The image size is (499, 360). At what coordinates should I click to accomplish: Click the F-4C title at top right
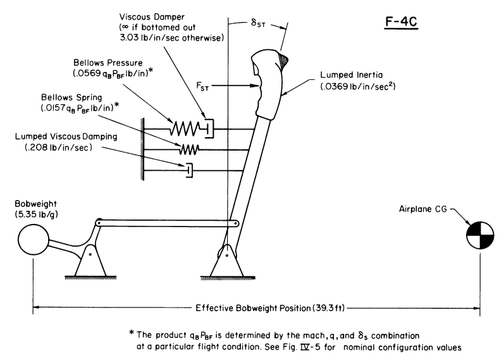(x=401, y=22)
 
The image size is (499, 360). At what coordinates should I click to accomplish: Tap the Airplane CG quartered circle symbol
(x=480, y=235)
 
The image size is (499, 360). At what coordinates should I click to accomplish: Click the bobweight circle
(x=34, y=240)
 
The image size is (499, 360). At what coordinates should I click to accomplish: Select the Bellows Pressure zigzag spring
(x=185, y=128)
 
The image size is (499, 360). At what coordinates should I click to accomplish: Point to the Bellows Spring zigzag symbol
(x=189, y=149)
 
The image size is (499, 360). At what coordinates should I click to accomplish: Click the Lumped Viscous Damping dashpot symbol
(x=189, y=170)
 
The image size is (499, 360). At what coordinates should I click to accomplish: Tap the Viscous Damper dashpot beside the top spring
(x=209, y=128)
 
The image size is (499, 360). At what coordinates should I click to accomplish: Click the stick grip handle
(x=268, y=84)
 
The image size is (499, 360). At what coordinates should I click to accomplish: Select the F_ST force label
(x=202, y=86)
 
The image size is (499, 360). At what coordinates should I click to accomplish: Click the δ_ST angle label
(x=258, y=23)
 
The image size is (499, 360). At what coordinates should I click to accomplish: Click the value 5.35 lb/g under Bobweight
(x=36, y=214)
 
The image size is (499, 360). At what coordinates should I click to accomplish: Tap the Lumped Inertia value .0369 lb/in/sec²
(x=358, y=86)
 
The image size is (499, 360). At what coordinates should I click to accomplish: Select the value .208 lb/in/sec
(x=58, y=147)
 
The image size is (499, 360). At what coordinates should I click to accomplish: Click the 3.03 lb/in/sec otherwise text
(x=172, y=37)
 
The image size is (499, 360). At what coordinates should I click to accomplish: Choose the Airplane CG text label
(x=423, y=209)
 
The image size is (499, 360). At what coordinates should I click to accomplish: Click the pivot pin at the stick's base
(x=227, y=255)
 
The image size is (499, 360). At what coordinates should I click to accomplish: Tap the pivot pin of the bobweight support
(x=90, y=254)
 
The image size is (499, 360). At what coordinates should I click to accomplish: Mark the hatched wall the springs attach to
(x=142, y=149)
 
